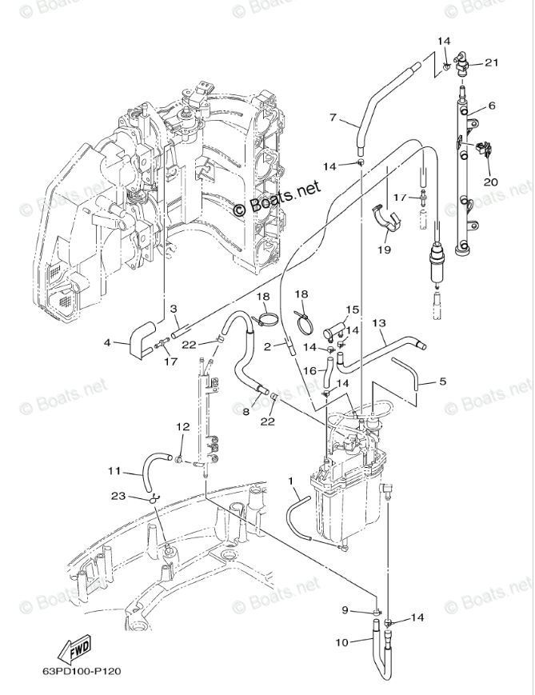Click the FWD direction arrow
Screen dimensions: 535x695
point(74,649)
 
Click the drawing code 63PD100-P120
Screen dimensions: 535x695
point(82,671)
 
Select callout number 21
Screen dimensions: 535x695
point(491,62)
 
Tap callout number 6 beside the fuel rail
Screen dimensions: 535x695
point(492,106)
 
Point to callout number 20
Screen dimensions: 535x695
point(491,182)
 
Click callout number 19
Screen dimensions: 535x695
point(385,250)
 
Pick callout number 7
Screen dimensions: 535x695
point(333,118)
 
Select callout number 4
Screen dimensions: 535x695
point(107,342)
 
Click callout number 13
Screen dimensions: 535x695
point(379,323)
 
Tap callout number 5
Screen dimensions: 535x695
point(442,381)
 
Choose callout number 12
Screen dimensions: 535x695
point(182,426)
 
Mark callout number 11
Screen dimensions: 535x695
point(114,471)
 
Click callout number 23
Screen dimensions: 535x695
point(118,496)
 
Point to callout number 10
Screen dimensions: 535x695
point(341,641)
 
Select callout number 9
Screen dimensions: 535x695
point(345,610)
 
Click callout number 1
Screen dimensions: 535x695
point(291,481)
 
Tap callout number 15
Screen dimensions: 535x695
point(353,310)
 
